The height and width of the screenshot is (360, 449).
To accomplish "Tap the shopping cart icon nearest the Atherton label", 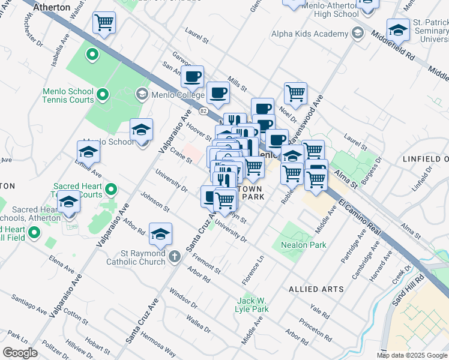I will pos(104,23).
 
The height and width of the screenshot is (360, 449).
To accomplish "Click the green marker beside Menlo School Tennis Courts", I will pos(103,94).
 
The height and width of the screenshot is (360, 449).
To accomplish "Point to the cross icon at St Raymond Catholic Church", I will pos(174,256).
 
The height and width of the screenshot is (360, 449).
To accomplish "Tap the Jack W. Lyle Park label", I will pos(252,304).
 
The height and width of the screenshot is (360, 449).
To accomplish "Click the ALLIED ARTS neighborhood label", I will pos(316,289).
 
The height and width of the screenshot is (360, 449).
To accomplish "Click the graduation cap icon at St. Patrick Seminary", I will pos(398,29).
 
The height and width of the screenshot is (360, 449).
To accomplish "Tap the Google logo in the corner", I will pos(20,353).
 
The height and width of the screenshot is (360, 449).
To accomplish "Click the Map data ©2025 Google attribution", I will pos(412,355).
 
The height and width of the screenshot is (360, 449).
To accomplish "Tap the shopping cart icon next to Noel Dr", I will pos(295,93).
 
